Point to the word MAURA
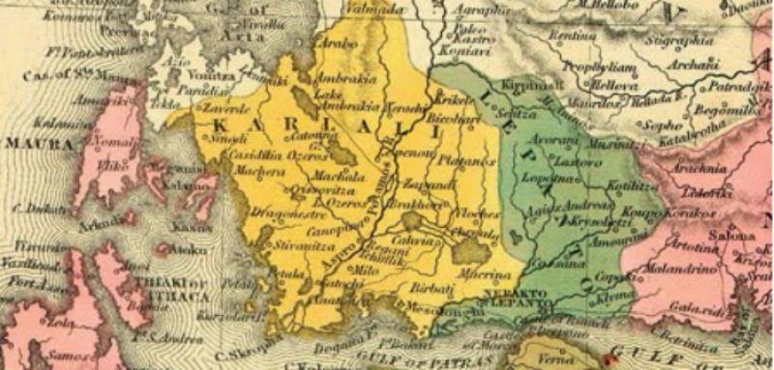(30, 143)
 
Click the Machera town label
(255, 171)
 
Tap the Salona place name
(736, 235)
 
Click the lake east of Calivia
(472, 251)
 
